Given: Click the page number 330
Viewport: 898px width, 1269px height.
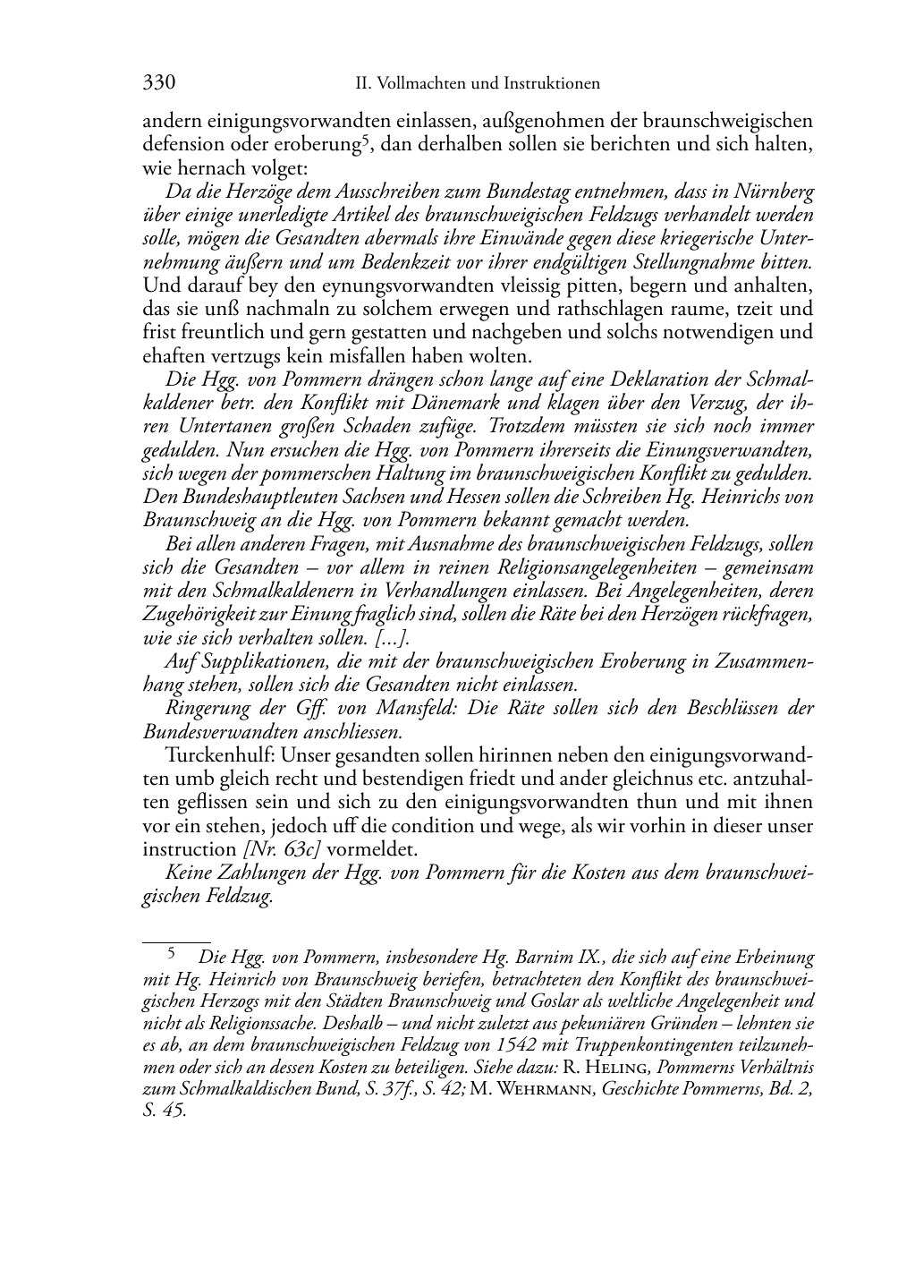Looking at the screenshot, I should click(158, 83).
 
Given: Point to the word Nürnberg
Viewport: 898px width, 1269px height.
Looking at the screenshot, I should click(776, 192).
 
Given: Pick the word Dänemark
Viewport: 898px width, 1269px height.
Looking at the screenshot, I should click(546, 403).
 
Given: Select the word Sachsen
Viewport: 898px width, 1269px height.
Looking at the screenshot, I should click(369, 497).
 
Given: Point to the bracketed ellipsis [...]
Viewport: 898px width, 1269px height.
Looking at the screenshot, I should click(390, 638).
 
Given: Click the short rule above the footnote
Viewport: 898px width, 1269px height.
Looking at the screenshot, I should click(176, 941).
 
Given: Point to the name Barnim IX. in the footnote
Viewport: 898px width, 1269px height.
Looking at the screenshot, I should click(574, 957).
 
